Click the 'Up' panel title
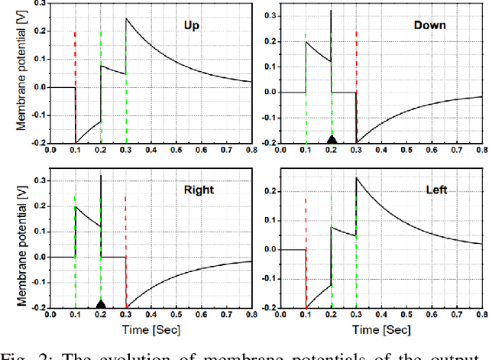click(x=192, y=25)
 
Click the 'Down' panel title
click(x=429, y=25)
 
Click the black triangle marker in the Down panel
click(x=332, y=139)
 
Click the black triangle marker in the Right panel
click(x=101, y=303)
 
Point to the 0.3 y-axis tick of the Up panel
click(x=37, y=5)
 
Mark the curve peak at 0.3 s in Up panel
click(x=127, y=18)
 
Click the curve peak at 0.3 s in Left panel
click(x=357, y=177)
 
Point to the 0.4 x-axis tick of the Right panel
click(x=152, y=316)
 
